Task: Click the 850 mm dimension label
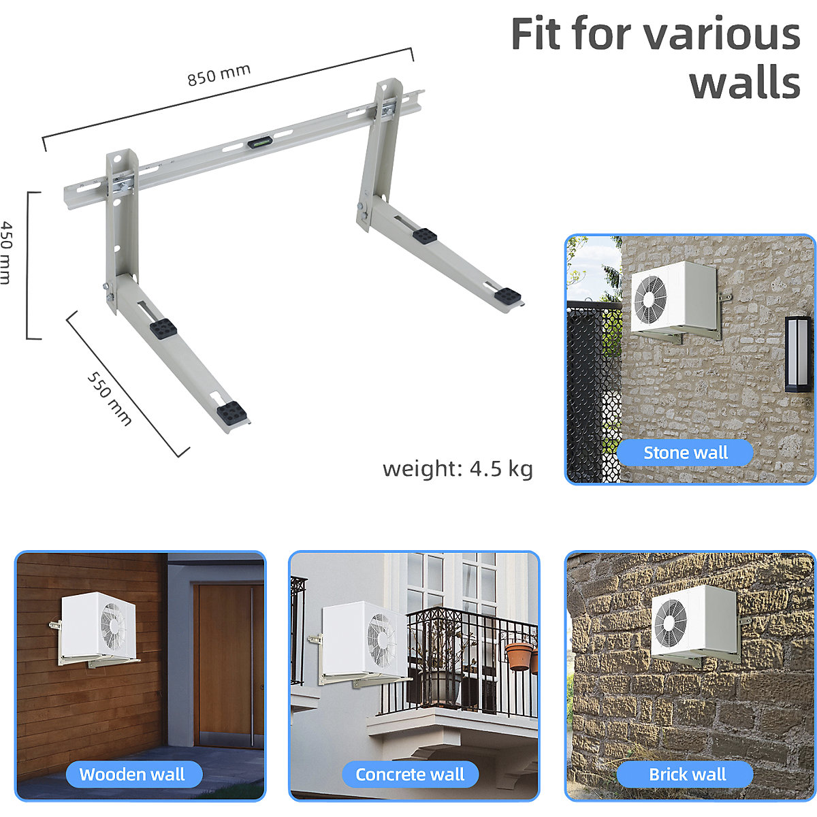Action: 219,74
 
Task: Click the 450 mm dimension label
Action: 7,252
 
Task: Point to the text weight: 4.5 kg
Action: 458,468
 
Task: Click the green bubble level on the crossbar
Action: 258,143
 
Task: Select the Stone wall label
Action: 685,453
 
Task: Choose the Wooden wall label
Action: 132,774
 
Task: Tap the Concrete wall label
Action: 410,774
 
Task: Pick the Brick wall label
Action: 687,774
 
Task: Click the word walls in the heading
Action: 745,83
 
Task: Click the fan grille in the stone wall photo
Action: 650,300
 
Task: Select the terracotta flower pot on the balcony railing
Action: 519,656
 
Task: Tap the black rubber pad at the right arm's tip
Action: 508,296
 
